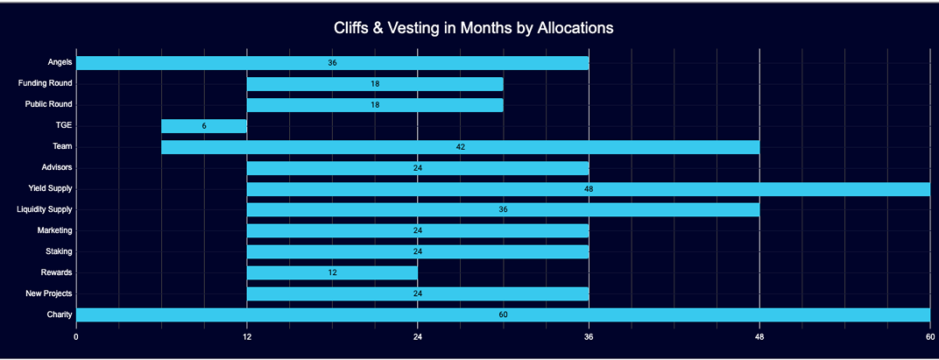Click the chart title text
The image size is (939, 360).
click(x=473, y=28)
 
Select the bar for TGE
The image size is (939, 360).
click(x=204, y=126)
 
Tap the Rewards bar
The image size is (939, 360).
click(x=332, y=272)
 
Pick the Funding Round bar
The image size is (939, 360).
click(x=375, y=84)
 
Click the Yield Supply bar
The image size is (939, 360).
click(x=588, y=189)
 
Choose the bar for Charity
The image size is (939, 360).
click(x=503, y=314)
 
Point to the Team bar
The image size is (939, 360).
click(x=460, y=147)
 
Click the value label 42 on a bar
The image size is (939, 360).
click(x=461, y=147)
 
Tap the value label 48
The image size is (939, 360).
click(x=589, y=189)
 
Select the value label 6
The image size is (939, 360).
click(x=204, y=126)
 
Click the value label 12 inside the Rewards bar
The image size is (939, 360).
click(x=333, y=272)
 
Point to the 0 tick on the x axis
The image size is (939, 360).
click(x=76, y=336)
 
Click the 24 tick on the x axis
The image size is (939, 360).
click(x=418, y=336)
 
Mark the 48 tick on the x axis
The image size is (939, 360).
click(x=759, y=336)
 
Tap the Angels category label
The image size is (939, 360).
click(x=60, y=63)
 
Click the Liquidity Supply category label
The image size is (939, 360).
click(x=45, y=209)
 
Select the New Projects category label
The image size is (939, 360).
click(x=50, y=293)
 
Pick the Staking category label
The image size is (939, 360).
click(x=58, y=251)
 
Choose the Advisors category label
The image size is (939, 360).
click(x=56, y=167)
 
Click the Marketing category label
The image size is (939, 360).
click(x=54, y=230)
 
